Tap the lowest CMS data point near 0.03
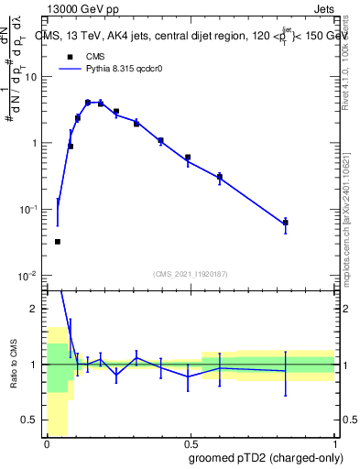point(58,242)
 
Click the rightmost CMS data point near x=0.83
point(286,222)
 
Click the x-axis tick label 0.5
point(191,443)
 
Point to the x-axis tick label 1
point(334,443)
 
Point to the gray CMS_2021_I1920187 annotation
point(190,273)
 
